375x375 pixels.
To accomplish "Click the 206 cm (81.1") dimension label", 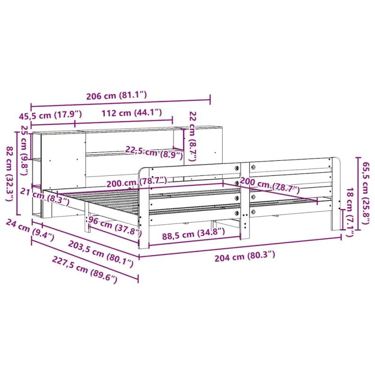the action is coord(116,96).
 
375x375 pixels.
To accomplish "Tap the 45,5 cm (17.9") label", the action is coord(50,115).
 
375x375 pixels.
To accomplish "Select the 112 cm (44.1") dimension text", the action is coord(132,112).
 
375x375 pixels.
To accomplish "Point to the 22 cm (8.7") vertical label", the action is coord(193,136).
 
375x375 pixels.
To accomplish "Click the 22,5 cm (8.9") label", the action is coord(154,153).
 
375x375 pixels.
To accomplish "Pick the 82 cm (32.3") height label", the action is coord(9,173).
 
